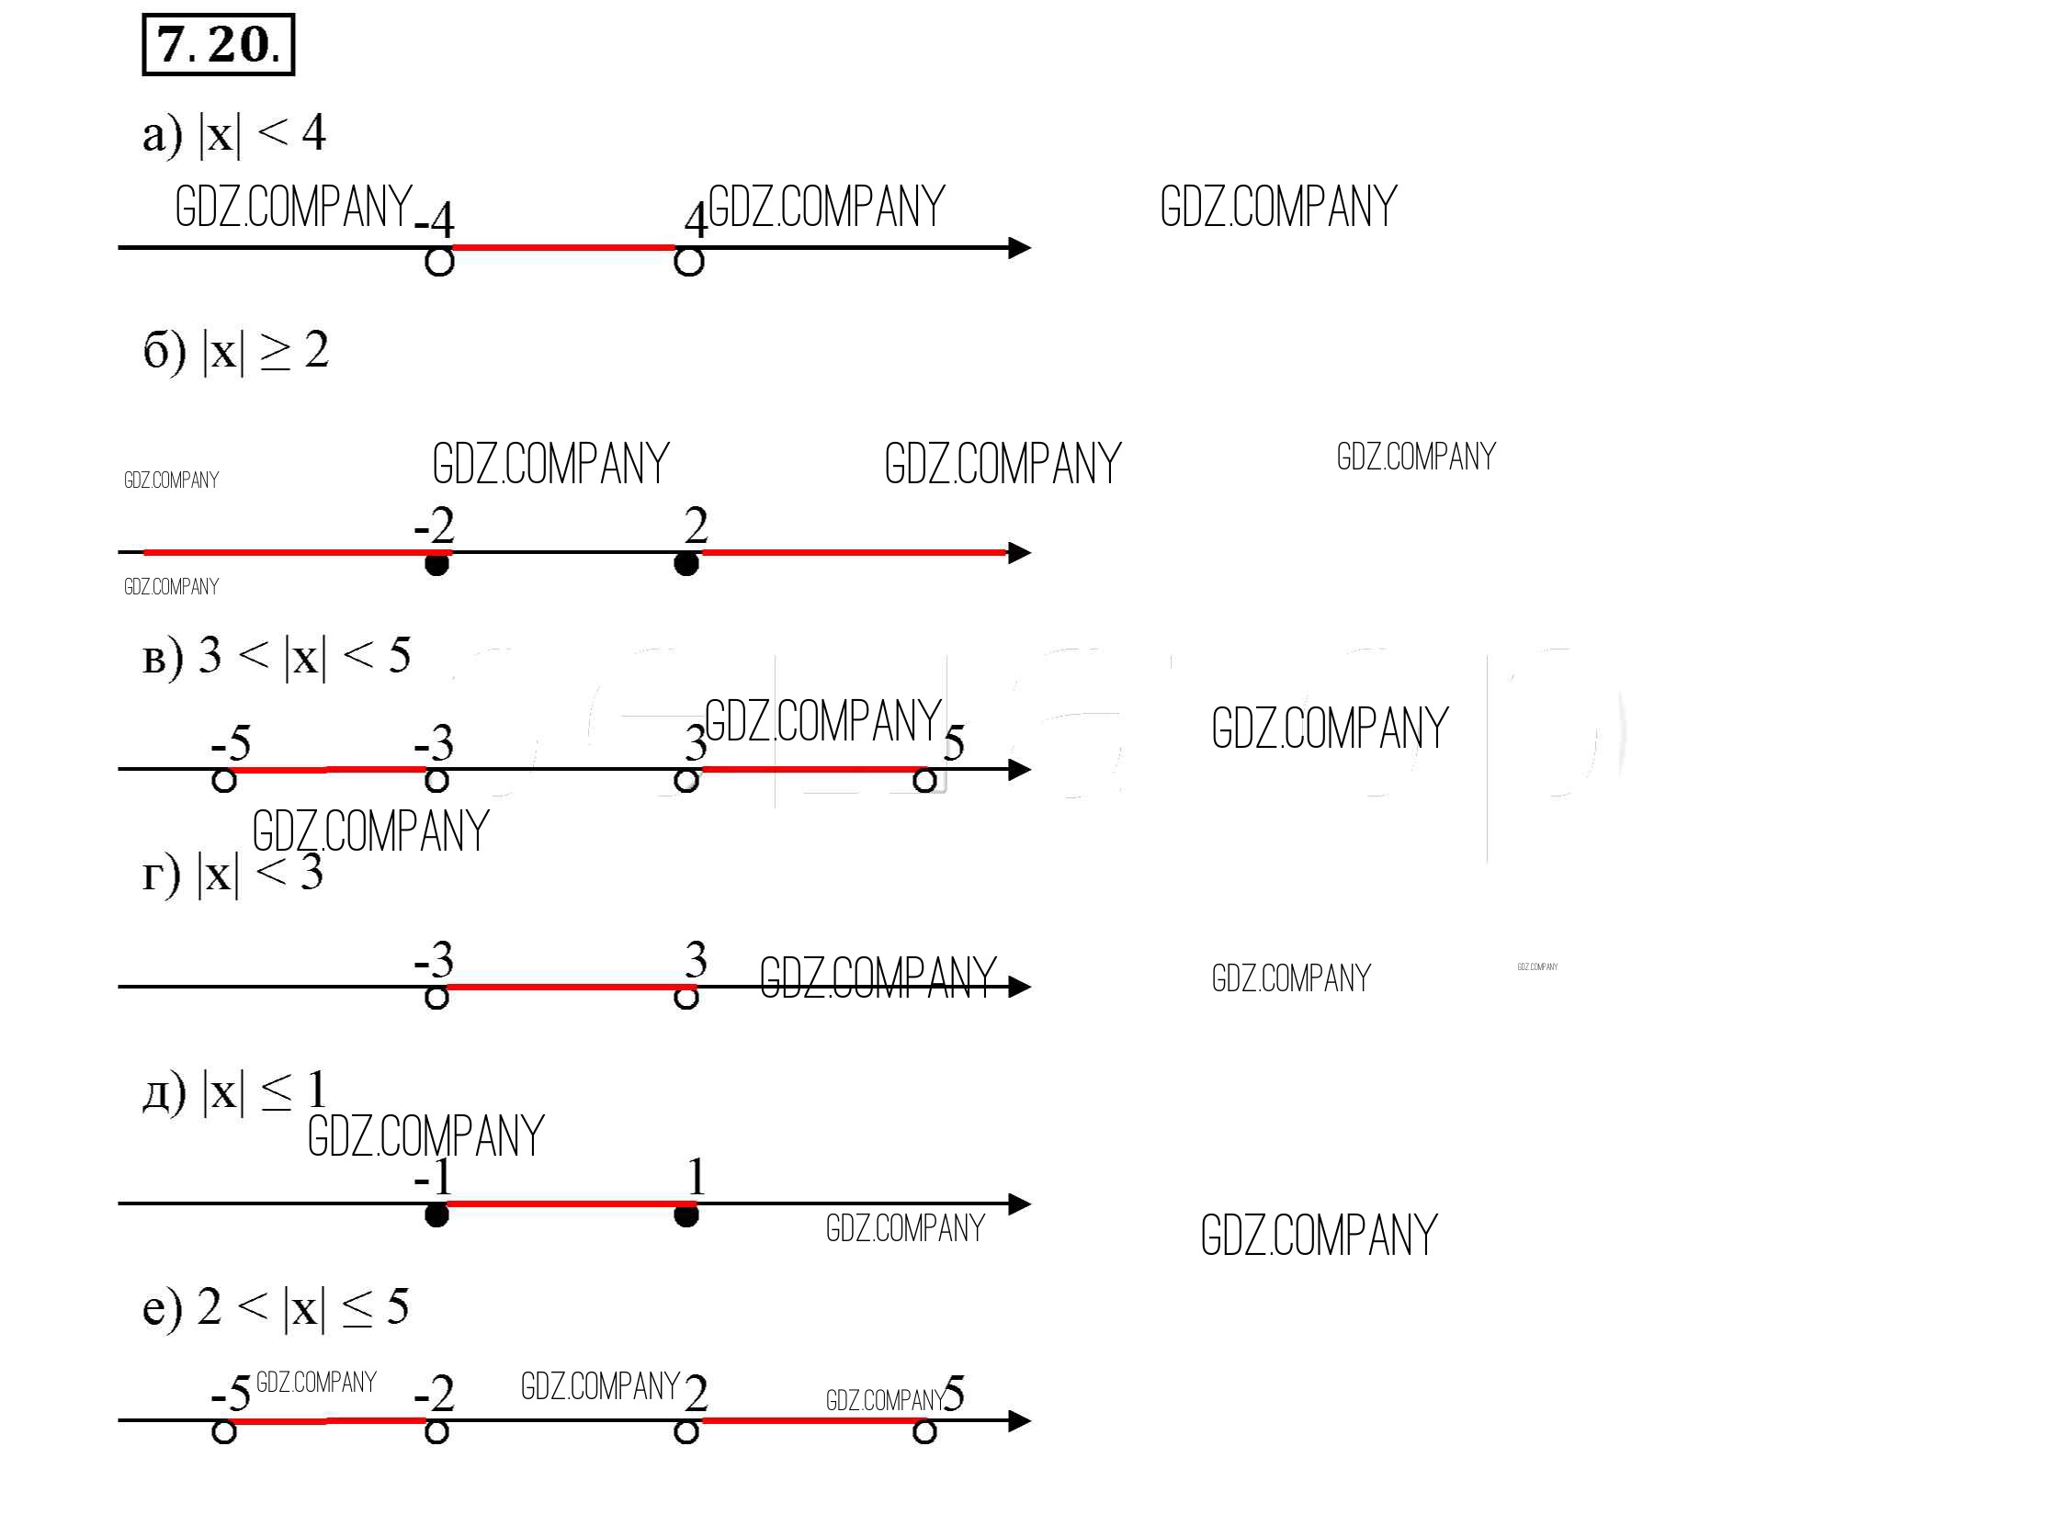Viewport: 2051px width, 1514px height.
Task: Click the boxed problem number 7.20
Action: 219,44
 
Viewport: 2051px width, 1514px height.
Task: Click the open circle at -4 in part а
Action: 439,262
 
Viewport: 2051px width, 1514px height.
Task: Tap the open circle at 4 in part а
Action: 689,262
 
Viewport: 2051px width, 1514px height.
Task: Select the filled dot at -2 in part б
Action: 437,563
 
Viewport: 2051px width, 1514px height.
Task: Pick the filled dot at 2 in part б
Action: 686,563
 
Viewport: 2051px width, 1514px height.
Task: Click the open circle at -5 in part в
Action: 224,781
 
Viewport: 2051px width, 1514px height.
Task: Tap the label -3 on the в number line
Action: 435,742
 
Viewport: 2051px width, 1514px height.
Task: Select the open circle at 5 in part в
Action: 925,781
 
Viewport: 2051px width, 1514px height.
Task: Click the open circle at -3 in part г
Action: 437,998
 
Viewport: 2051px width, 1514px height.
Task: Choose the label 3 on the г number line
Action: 696,959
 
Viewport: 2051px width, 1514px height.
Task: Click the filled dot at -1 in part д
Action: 437,1215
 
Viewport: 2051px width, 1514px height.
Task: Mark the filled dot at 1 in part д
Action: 686,1215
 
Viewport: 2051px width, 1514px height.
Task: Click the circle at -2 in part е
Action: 437,1432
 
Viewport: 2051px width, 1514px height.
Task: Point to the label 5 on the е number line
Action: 955,1393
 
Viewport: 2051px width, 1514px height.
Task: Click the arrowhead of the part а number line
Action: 1019,248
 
